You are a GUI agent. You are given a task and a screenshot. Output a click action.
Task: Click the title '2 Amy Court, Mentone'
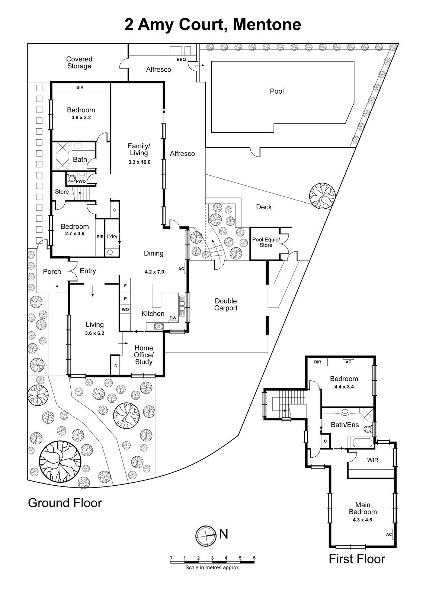(x=213, y=25)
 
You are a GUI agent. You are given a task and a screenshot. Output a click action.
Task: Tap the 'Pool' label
(x=276, y=91)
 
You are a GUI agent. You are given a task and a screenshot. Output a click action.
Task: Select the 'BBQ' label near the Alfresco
(x=181, y=59)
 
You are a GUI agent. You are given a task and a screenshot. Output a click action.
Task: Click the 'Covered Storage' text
(x=79, y=62)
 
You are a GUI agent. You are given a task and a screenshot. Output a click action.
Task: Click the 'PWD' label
(x=80, y=181)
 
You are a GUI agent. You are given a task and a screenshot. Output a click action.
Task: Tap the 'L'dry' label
(x=112, y=236)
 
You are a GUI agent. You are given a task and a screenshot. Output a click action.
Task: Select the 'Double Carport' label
(x=225, y=304)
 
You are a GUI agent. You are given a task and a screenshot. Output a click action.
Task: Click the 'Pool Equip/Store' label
(x=266, y=242)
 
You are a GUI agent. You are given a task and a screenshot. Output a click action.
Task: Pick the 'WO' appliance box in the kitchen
(x=125, y=309)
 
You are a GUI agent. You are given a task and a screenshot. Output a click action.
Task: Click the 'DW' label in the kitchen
(x=173, y=318)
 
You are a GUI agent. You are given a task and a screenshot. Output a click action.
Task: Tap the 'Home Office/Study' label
(x=144, y=355)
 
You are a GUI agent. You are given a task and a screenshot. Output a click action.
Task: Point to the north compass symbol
(x=206, y=535)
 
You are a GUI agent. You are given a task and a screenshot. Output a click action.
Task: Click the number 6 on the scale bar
(x=254, y=558)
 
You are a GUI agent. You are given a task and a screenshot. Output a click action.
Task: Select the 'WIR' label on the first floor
(x=372, y=460)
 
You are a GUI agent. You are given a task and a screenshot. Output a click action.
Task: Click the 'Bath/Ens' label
(x=345, y=425)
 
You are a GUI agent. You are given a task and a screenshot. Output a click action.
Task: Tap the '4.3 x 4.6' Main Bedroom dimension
(x=362, y=520)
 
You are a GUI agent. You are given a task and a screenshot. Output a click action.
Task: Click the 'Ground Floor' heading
(x=65, y=503)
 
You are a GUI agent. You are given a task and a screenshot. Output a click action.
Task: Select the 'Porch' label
(x=52, y=271)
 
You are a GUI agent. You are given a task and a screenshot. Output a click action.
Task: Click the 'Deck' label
(x=264, y=207)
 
